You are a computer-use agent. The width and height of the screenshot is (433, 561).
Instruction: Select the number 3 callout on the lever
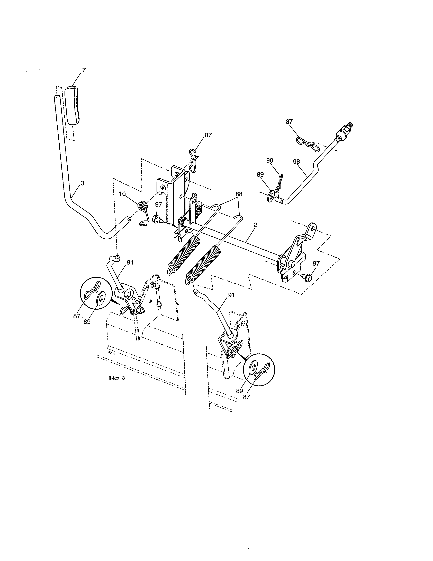pyautogui.click(x=82, y=183)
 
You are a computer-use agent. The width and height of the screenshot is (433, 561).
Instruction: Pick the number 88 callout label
pyautogui.click(x=239, y=194)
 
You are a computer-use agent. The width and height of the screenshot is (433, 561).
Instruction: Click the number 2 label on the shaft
pyautogui.click(x=255, y=225)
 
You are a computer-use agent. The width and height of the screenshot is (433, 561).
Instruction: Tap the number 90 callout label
pyautogui.click(x=270, y=160)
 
